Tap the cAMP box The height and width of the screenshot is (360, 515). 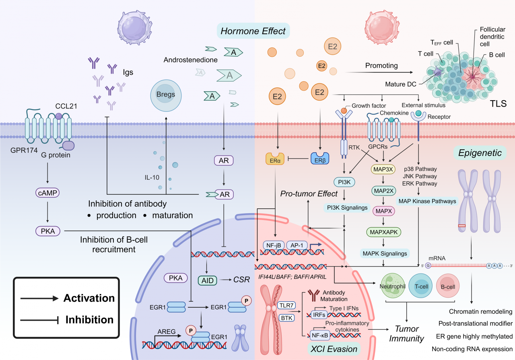[x=47, y=193]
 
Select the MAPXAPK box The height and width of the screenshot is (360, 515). [x=384, y=232]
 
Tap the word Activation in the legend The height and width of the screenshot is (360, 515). [x=89, y=298]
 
